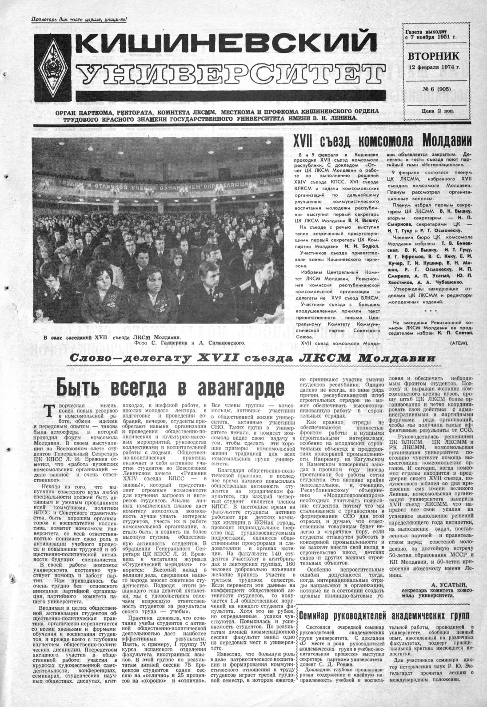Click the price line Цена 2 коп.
point(432,111)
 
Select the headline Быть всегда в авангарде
point(169,386)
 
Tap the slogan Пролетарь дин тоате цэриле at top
point(79,19)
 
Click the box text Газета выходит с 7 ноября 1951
point(431,35)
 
